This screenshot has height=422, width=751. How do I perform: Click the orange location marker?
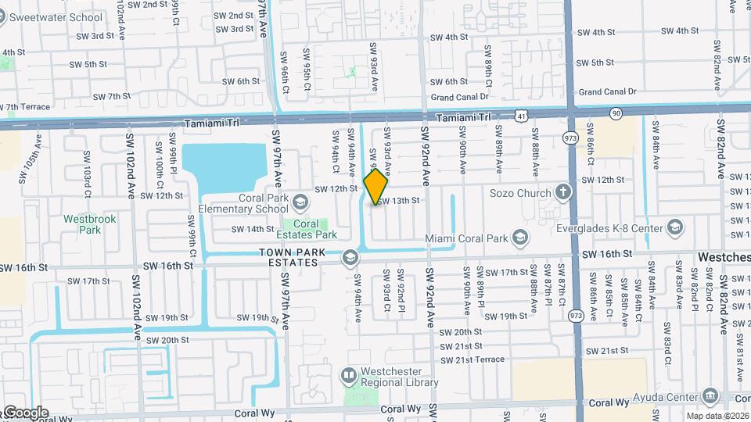376,187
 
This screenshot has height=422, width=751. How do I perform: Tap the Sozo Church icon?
562,192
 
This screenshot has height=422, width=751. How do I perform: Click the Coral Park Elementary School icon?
300,204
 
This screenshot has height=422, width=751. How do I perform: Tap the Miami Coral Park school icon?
519,238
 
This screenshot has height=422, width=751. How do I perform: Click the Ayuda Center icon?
710,395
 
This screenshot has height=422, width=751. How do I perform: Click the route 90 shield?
616,113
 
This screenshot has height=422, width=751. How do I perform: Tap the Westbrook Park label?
90,224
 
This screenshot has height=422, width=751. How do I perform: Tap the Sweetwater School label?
52,16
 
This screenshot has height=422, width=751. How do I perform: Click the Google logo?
25,412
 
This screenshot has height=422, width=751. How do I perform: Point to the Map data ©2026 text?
717,416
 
